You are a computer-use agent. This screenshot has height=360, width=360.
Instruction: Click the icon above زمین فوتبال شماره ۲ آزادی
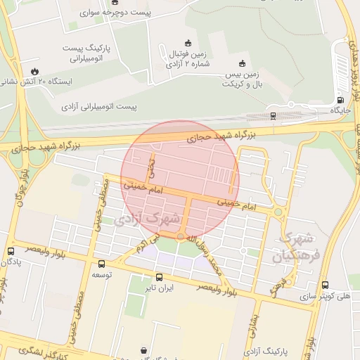(x=187, y=42)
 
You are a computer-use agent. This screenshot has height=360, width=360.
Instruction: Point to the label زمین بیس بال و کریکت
(x=252, y=78)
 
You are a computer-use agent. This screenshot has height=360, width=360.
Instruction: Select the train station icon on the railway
(x=273, y=115)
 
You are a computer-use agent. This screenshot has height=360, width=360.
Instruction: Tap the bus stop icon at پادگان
(x=11, y=251)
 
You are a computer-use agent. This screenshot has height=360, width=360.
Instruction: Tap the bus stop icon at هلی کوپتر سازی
(x=324, y=285)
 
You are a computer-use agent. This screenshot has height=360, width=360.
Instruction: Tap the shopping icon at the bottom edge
(x=144, y=349)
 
